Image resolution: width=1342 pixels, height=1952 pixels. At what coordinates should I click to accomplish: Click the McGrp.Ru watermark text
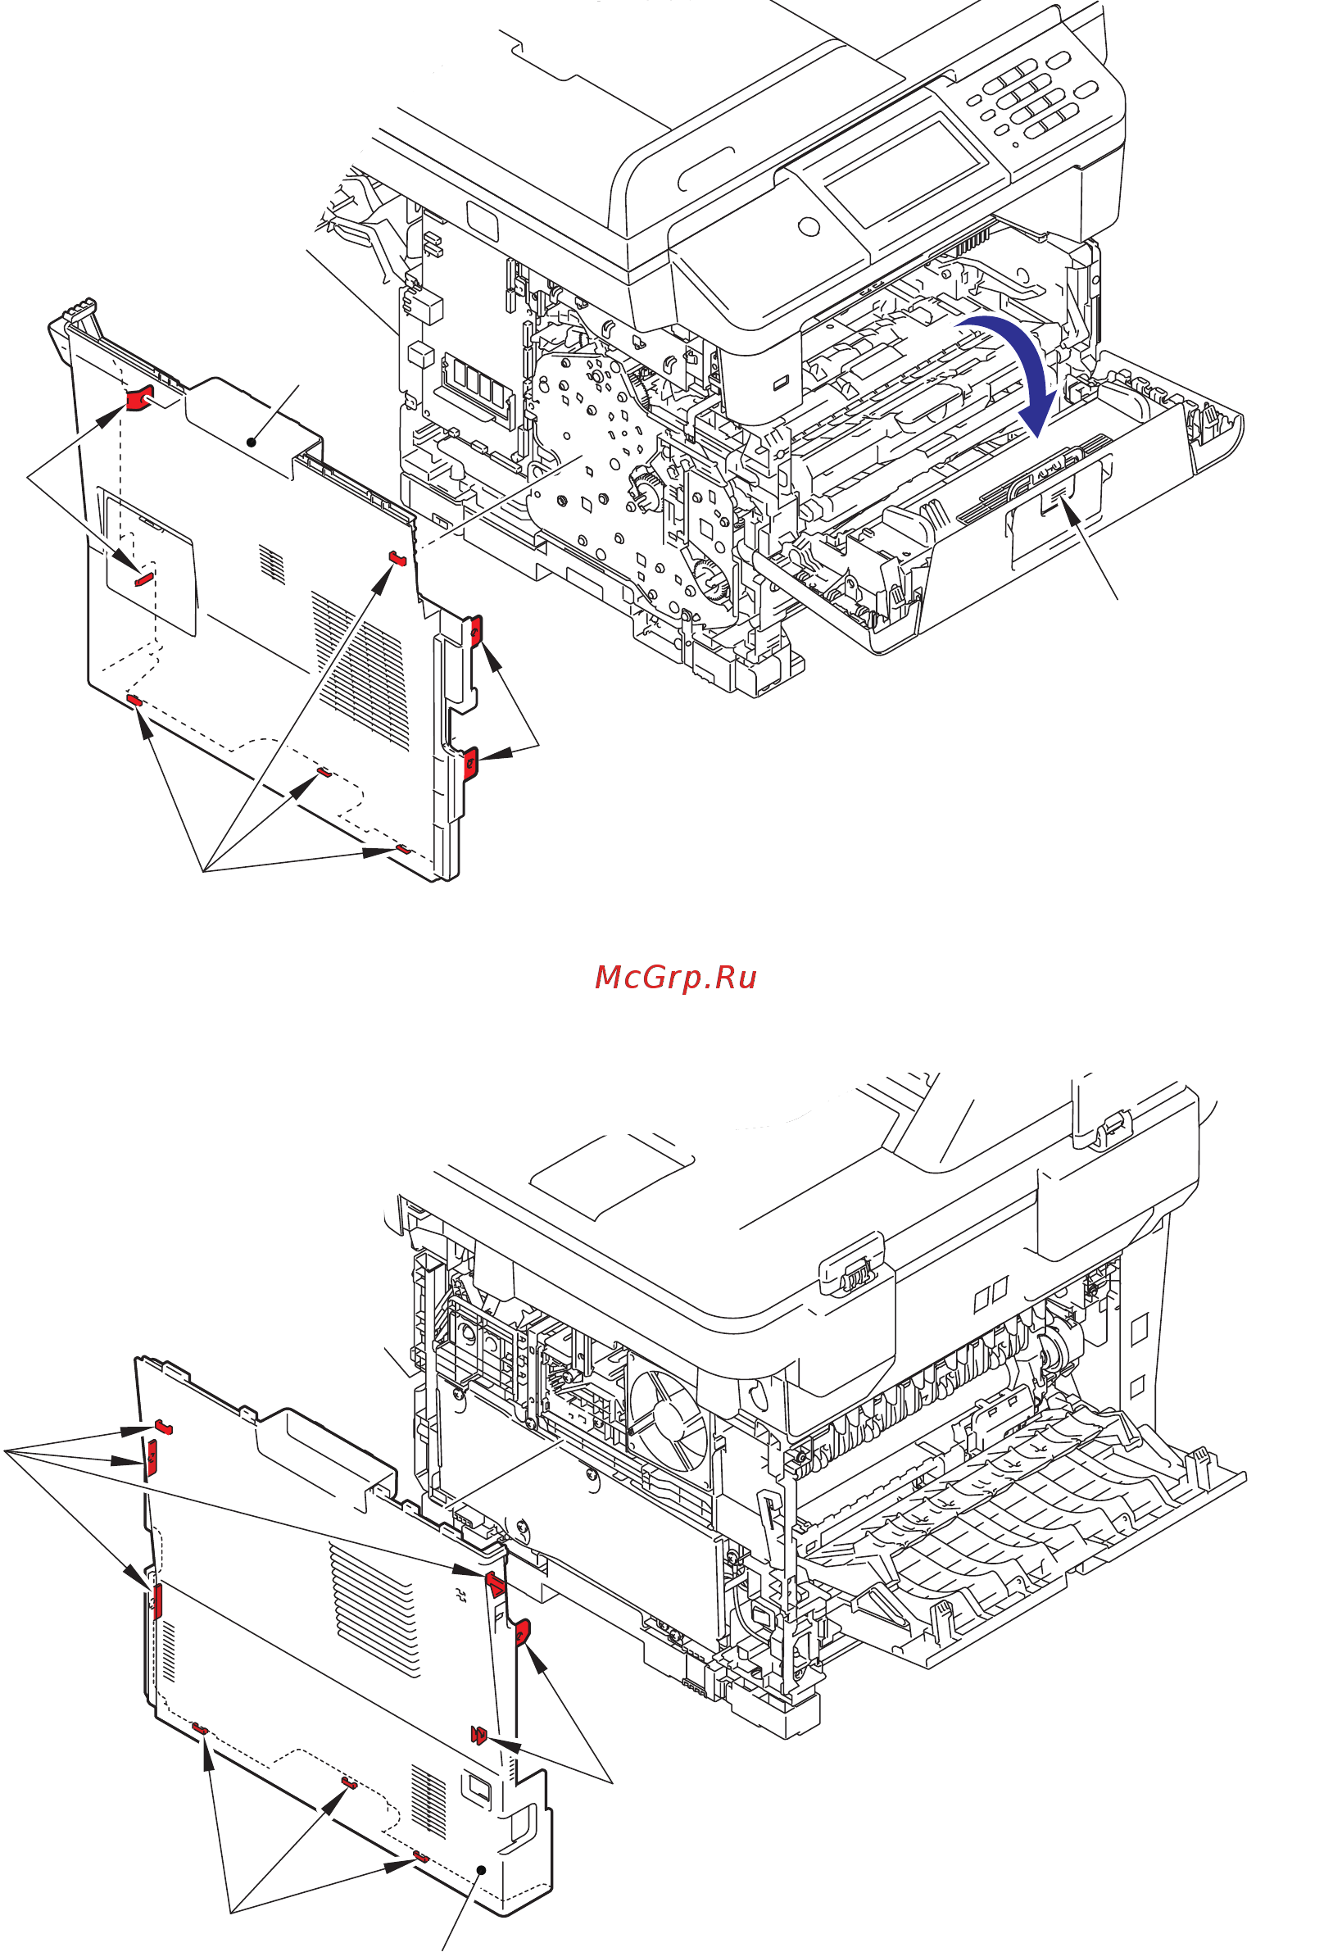coord(675,978)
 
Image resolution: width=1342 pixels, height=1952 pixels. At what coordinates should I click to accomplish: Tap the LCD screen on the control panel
coord(903,172)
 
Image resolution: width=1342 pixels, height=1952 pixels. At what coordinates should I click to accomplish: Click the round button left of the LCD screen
coord(809,225)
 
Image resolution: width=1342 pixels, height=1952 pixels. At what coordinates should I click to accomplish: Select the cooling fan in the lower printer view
coord(669,1421)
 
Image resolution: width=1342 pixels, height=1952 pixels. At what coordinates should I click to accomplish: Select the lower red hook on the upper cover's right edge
coord(471,762)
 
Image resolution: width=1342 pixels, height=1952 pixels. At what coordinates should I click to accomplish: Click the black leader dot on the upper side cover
coord(252,442)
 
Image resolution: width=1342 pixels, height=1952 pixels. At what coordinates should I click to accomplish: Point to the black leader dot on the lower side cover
coord(481,1869)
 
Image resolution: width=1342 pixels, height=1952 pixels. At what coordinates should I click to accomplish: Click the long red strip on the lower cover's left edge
coord(157,1602)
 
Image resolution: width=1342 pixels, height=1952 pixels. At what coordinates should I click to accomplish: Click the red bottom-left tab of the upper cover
coord(134,700)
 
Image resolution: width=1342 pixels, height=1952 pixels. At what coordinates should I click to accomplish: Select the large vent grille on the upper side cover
coord(361,669)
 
